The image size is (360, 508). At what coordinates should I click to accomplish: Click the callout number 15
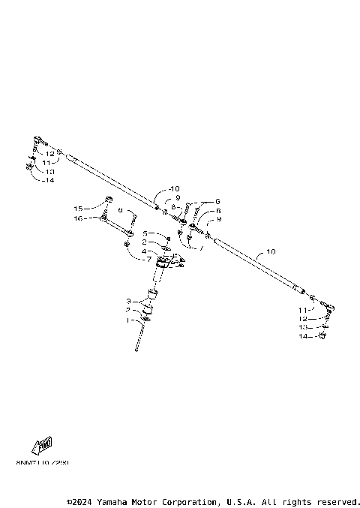[77, 208]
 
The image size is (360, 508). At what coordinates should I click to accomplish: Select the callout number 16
[77, 218]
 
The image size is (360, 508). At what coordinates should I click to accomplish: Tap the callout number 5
[147, 233]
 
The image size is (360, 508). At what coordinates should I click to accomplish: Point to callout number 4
[147, 251]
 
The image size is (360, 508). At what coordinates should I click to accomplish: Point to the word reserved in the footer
[337, 500]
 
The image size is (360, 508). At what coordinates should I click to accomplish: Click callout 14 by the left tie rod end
[49, 180]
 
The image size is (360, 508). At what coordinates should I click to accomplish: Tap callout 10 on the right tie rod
[271, 252]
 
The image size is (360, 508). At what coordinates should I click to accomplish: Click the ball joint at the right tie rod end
[328, 305]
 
